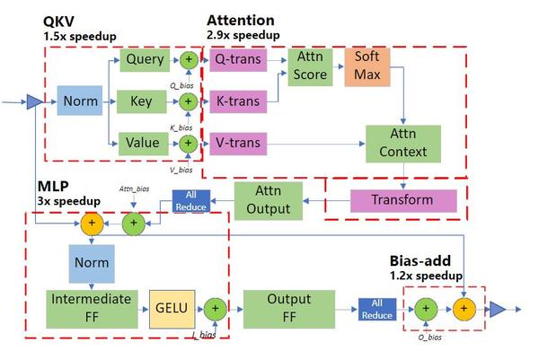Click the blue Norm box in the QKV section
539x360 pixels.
point(80,101)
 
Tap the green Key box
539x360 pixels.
point(142,101)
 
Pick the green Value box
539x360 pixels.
point(142,141)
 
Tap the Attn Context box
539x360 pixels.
point(402,141)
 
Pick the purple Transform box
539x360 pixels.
point(402,198)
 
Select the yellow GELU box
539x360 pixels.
point(172,308)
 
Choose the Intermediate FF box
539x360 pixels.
point(90,307)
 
